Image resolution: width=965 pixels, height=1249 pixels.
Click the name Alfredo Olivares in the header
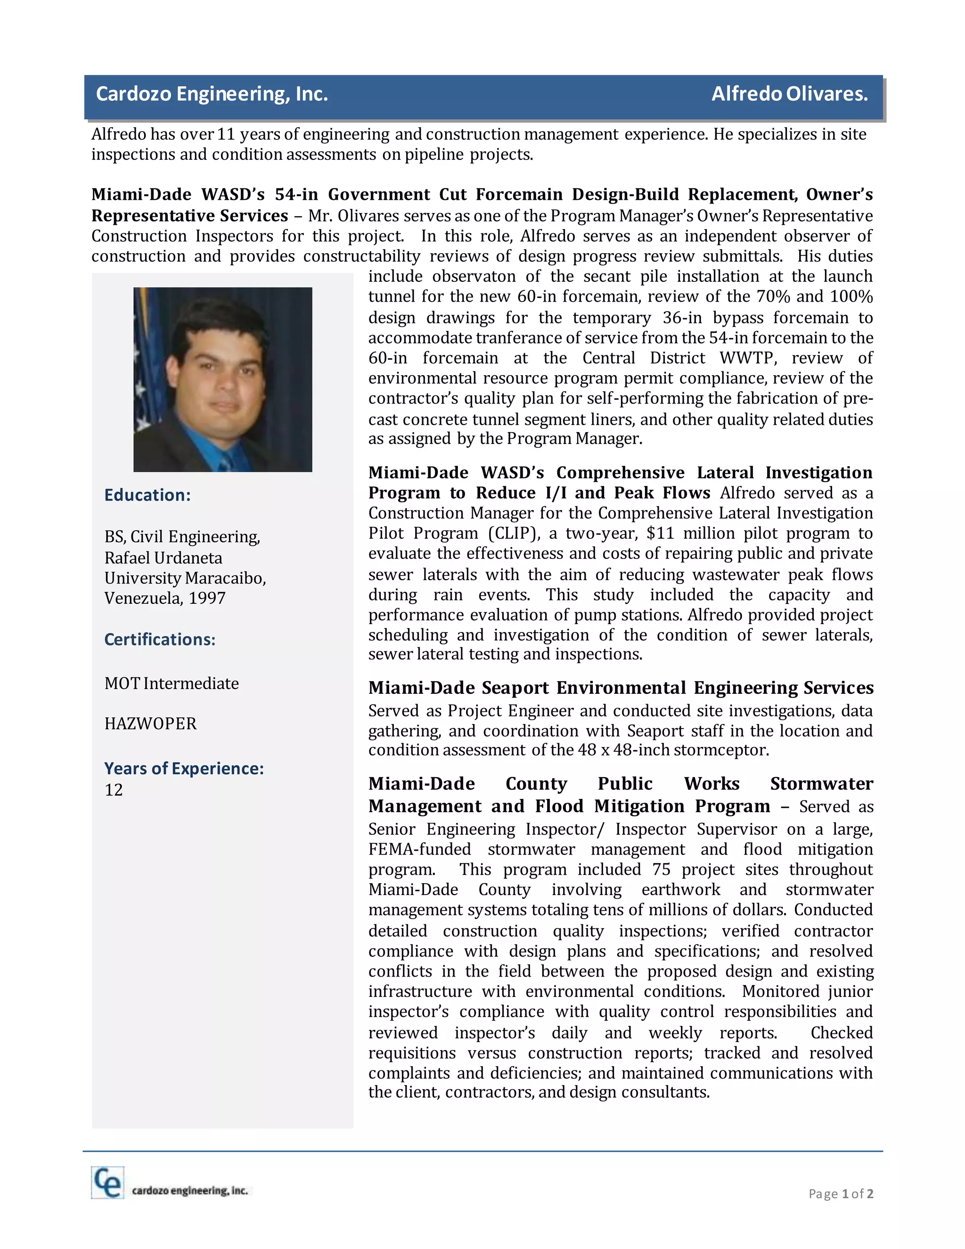(789, 94)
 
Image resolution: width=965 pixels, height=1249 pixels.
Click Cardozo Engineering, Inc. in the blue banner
(212, 94)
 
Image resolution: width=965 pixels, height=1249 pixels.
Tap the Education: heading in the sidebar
(147, 495)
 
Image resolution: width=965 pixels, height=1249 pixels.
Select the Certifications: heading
(160, 640)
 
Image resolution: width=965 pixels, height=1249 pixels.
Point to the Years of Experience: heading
(183, 769)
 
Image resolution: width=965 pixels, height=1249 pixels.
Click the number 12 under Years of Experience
(113, 790)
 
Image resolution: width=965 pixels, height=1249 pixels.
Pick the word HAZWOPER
(150, 724)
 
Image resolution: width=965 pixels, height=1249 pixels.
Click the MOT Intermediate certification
(171, 683)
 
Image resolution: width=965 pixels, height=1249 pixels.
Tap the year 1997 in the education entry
(207, 598)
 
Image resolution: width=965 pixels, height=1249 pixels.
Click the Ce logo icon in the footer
(107, 1183)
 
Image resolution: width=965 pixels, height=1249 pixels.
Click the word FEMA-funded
(419, 850)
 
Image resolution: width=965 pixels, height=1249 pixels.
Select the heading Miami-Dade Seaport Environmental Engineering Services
(620, 688)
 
